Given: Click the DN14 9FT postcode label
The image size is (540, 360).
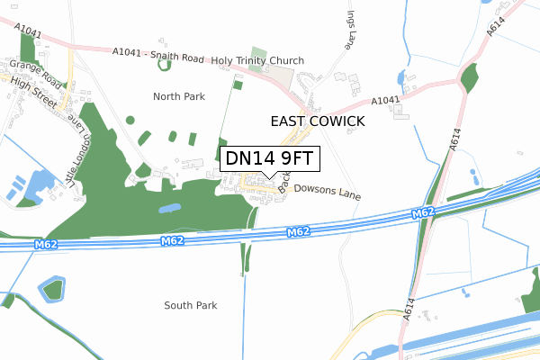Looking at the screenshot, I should pos(269,158).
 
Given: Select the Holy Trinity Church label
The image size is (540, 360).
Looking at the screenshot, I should pos(257,61).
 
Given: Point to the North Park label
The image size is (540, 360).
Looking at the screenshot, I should pos(179,96).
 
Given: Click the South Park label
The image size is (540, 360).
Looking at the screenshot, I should pos(191,306).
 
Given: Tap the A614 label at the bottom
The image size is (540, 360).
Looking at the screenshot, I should pos(411,311).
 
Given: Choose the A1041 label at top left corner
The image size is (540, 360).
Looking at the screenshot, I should pos(28,31).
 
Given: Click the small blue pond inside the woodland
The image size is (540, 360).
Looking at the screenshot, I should pos(168,209).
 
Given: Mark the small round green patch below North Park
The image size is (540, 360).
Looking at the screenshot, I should pos(130,120).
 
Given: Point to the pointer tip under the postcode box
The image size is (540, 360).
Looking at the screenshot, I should pos(269,177).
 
